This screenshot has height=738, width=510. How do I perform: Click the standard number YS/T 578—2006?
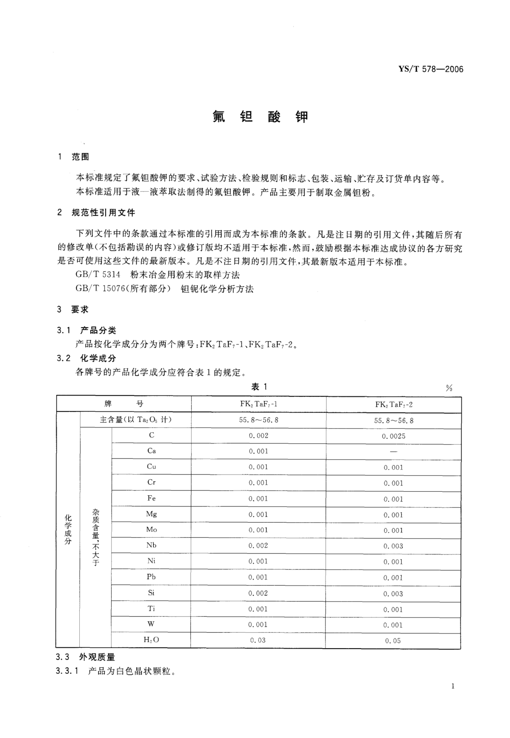pos(431,69)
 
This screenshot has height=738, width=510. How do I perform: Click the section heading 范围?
pos(80,157)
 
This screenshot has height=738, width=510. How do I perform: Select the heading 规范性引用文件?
pos(103,213)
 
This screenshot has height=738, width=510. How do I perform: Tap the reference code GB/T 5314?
pos(98,275)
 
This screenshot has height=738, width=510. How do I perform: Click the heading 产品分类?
pos(98,330)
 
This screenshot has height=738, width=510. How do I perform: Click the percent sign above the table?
pos(449,388)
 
